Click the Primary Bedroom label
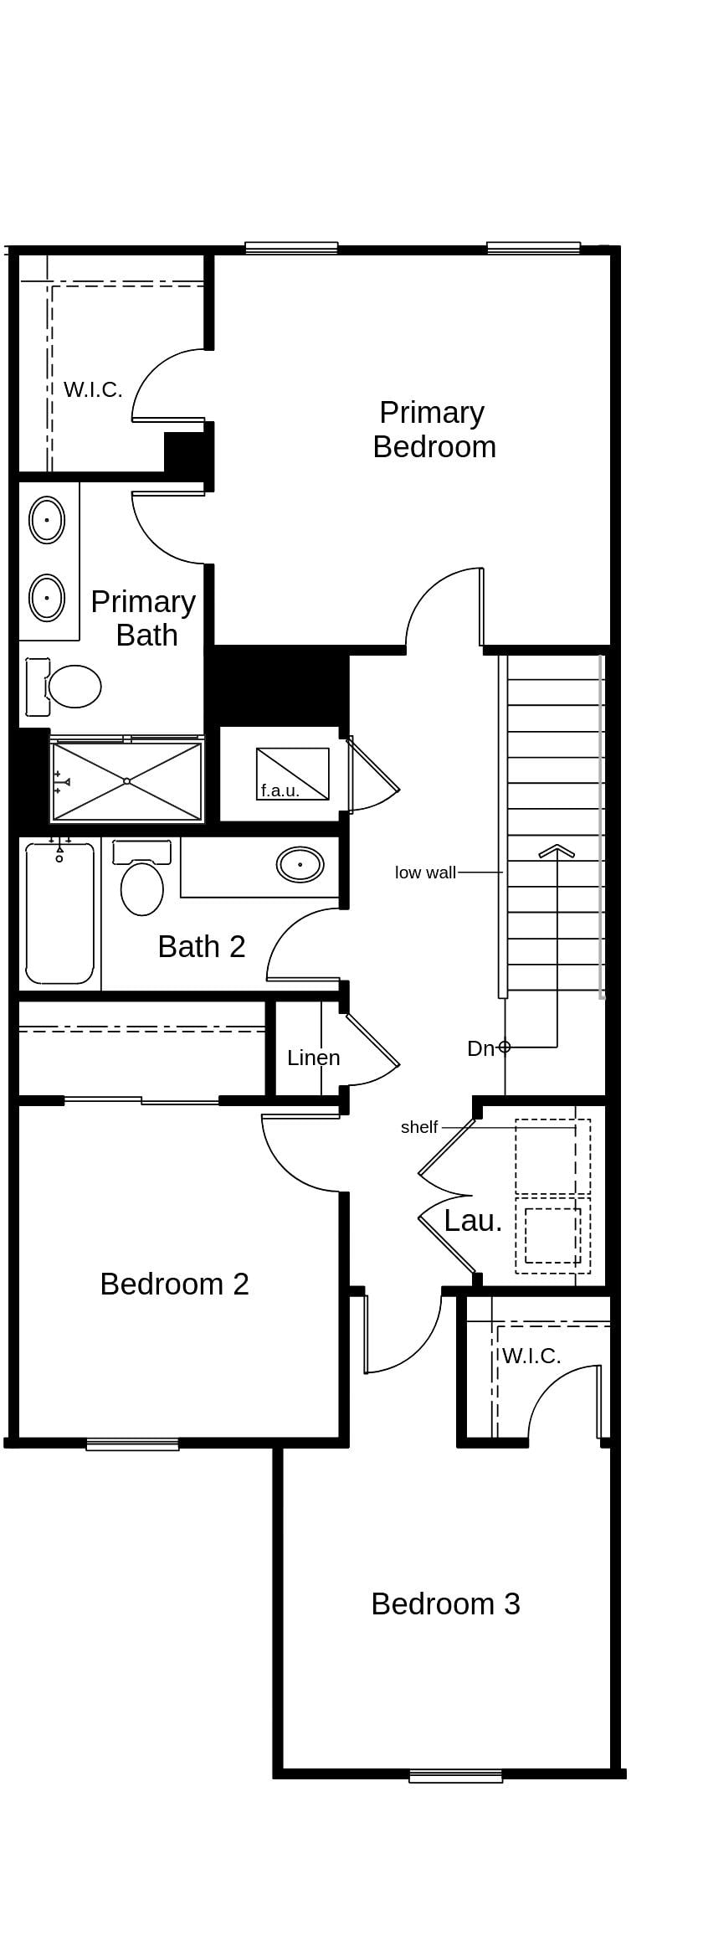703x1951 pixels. tap(434, 430)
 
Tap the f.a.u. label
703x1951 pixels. tap(280, 790)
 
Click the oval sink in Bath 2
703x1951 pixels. tap(300, 864)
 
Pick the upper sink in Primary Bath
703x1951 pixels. tap(47, 520)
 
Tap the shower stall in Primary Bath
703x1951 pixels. tap(127, 781)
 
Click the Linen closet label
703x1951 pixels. tap(313, 1058)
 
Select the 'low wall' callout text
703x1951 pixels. tap(425, 873)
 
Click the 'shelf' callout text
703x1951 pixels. tap(418, 1127)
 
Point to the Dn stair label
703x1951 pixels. tap(480, 1048)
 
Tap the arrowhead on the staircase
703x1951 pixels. tap(557, 851)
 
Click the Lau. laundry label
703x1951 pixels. tap(473, 1221)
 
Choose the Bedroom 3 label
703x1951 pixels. tap(445, 1604)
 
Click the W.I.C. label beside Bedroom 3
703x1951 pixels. tap(531, 1356)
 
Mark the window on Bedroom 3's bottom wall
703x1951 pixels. tap(455, 1776)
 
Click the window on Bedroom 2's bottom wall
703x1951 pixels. tap(132, 1444)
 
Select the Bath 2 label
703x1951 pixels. tap(201, 947)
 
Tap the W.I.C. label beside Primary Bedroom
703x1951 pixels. tap(93, 389)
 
